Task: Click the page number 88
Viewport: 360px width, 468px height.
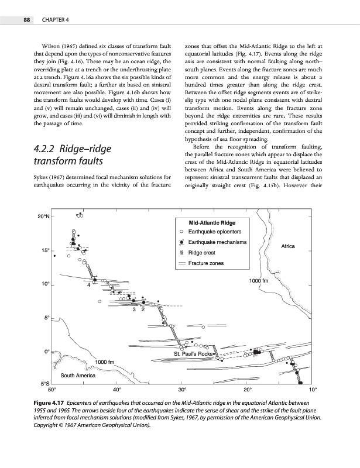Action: tap(26, 21)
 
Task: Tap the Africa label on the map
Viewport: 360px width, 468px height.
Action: tap(292, 246)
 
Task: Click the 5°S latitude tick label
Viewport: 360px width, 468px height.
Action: tap(43, 384)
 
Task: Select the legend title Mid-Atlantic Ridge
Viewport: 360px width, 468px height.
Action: tap(212, 223)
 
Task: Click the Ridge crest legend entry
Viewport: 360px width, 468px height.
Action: tap(203, 252)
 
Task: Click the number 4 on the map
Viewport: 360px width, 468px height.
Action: tap(88, 286)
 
